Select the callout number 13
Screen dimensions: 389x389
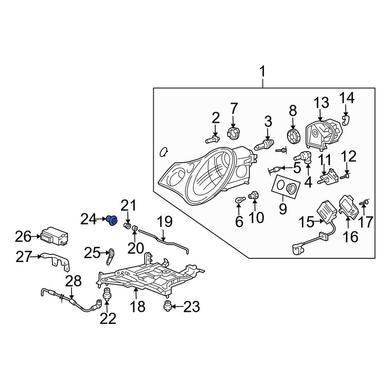coord(321,103)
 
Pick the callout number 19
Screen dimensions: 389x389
coord(164,222)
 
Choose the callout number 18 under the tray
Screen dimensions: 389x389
coord(137,307)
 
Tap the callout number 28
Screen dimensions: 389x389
coord(73,281)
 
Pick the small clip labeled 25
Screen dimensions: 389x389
coord(110,255)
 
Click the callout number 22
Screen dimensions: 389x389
coord(108,319)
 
